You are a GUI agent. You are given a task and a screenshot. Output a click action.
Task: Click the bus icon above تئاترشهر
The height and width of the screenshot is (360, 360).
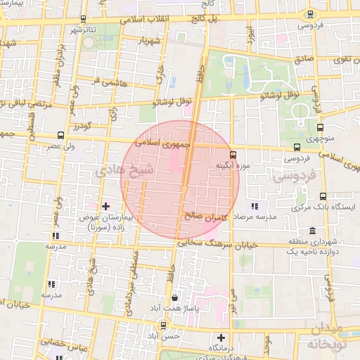pos(84,19)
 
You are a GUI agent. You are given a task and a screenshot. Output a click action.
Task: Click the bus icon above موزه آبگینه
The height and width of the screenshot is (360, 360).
pos(233,155)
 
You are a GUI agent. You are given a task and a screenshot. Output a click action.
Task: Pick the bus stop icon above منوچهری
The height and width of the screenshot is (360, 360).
pos(321,128)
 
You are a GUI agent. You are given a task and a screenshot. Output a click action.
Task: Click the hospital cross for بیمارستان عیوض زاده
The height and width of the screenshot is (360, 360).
pos(105,206)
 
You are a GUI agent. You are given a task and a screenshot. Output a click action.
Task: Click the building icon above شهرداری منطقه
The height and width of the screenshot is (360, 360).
pos(312,231)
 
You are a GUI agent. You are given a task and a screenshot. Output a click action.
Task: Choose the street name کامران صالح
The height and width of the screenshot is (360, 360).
pos(209,217)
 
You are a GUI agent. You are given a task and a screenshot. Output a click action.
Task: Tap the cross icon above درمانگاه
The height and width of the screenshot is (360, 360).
pos(221,337)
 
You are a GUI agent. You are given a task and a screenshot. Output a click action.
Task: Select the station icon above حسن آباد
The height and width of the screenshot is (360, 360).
pos(164,326)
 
